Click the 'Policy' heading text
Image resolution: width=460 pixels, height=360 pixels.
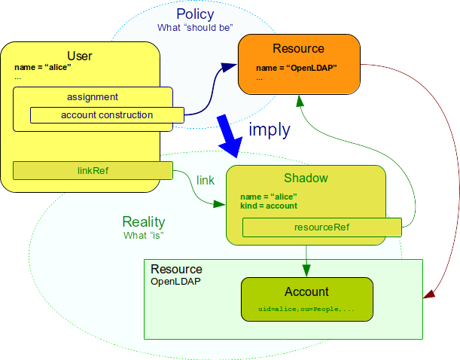pyautogui.click(x=195, y=14)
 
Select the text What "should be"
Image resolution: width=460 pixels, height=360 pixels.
pyautogui.click(x=195, y=28)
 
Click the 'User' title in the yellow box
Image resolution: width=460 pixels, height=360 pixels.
pyautogui.click(x=80, y=56)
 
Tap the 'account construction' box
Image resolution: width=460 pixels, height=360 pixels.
pyautogui.click(x=106, y=115)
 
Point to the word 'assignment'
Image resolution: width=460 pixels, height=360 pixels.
pyautogui.click(x=93, y=96)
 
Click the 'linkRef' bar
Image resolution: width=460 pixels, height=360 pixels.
pyautogui.click(x=93, y=171)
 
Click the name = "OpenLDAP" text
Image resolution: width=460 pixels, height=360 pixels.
pyautogui.click(x=296, y=67)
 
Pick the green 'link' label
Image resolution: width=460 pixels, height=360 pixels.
pyautogui.click(x=206, y=180)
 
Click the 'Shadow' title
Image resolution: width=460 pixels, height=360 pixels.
pyautogui.click(x=305, y=178)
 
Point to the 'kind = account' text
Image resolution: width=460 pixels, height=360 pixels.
pyautogui.click(x=268, y=206)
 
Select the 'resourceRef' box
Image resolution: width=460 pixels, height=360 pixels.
pyautogui.click(x=321, y=226)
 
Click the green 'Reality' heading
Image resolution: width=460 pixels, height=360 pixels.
pyautogui.click(x=143, y=222)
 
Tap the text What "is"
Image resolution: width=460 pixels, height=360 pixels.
pyautogui.click(x=143, y=235)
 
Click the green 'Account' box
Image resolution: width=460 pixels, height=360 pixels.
pyautogui.click(x=306, y=299)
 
